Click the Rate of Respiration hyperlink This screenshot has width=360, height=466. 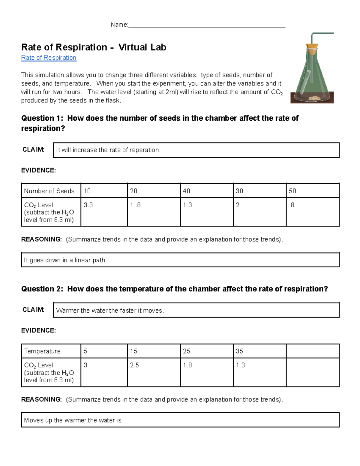pos(49,58)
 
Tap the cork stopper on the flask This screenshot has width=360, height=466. pos(312,49)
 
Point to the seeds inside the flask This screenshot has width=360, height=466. pos(315,98)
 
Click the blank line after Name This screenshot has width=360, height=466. pos(206,25)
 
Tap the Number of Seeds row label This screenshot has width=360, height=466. pos(49,191)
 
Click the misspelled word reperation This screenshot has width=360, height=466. pos(144,150)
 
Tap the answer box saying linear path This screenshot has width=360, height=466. pos(180,260)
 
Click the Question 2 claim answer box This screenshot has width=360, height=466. pos(196,310)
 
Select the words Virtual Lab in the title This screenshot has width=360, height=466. pos(142,47)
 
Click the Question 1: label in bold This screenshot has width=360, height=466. pos(42,118)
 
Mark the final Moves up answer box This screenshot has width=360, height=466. pos(180,420)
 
